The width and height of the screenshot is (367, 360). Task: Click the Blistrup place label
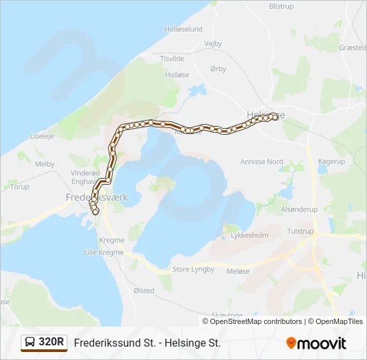point(281,6)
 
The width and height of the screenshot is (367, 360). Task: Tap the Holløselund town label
point(183,29)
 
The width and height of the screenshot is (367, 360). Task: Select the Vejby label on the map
point(214,44)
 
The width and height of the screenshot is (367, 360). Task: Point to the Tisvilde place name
point(172,59)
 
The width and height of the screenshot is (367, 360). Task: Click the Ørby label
point(218,69)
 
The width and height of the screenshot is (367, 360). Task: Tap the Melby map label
point(45,164)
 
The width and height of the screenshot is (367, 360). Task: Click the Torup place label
point(20,187)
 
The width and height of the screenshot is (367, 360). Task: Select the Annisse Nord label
point(262,161)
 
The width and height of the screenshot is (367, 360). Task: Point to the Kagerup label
point(332,161)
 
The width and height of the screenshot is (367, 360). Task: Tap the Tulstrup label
point(300,231)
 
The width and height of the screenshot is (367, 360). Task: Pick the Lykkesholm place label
point(248,236)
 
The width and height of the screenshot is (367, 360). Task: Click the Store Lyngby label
point(194,269)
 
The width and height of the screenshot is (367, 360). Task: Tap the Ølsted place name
point(143,291)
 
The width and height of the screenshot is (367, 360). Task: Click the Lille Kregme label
point(103,253)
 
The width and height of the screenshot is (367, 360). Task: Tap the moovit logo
point(316,343)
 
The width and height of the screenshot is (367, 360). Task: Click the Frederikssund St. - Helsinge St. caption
point(147,343)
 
